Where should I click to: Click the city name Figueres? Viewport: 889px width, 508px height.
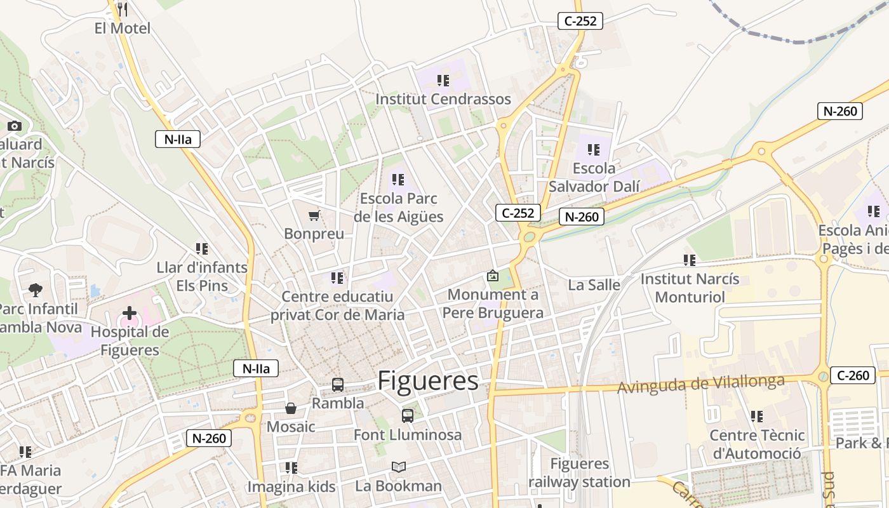pos(428,381)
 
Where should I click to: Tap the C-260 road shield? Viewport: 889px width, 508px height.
pos(853,375)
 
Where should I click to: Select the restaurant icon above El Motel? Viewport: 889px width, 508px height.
pos(123,10)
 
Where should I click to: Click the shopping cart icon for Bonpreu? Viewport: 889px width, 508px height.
pos(314,216)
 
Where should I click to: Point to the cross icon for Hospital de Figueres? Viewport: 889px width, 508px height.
pos(130,313)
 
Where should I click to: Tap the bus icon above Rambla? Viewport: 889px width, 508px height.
pos(338,385)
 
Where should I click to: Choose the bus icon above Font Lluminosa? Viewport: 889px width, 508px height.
pos(408,416)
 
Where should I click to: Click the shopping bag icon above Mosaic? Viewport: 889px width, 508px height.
pos(291,408)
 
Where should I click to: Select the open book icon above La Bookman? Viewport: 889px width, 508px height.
pos(398,467)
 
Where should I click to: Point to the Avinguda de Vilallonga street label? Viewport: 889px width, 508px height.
pos(701,384)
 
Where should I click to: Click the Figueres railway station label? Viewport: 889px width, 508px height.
pos(579,473)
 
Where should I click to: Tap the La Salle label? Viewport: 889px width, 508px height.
pos(594,285)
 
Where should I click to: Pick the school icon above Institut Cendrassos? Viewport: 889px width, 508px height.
pos(443,81)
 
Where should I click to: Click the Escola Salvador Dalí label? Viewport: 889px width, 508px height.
pos(594,177)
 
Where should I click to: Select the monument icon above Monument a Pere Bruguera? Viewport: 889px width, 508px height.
pos(493,276)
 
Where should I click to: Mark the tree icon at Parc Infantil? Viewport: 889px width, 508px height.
pos(36,290)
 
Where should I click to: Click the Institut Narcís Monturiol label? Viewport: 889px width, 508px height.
pos(690,288)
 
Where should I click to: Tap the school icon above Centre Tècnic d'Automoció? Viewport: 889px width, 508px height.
pos(756,417)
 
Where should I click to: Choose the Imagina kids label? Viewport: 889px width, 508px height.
pos(291,487)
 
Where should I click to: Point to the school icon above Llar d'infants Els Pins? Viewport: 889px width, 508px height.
pos(202,249)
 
